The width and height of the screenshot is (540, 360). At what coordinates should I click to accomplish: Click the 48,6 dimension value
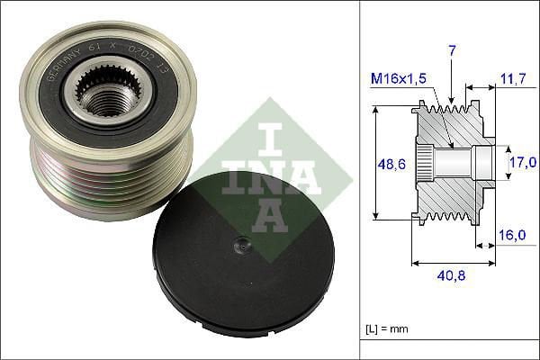388,165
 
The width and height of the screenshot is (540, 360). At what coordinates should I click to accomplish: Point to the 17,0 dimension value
524,163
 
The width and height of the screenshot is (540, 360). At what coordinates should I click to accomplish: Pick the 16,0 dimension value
512,236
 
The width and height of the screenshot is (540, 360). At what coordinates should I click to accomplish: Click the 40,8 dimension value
453,278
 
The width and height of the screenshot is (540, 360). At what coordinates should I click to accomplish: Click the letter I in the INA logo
269,141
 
